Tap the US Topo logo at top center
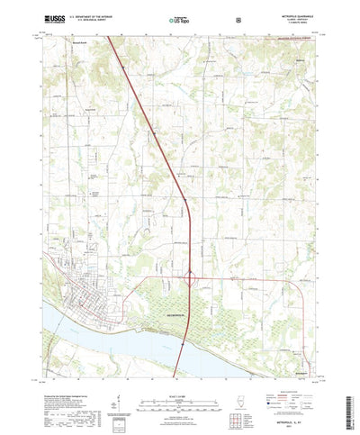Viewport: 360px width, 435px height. [180, 18]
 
